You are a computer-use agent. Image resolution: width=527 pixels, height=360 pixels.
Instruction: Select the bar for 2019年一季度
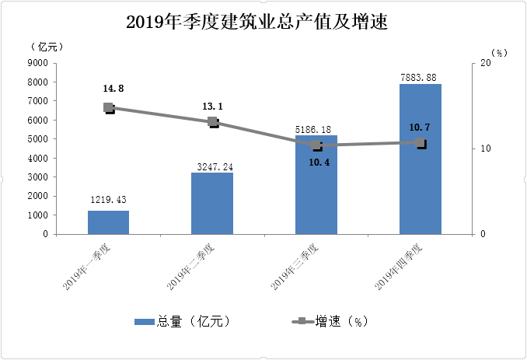coord(108,222)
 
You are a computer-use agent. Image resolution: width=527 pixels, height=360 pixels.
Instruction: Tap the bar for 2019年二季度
coord(212,204)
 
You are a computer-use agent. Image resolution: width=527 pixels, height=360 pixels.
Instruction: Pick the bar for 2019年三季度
coord(316,187)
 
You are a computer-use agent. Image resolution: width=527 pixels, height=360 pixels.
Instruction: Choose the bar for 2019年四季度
coord(421,159)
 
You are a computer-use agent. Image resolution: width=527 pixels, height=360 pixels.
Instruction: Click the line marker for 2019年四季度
coord(421,143)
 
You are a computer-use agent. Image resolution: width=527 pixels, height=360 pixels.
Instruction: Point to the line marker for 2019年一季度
coord(109,108)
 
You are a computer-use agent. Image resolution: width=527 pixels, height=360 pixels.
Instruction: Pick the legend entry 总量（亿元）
coord(182,321)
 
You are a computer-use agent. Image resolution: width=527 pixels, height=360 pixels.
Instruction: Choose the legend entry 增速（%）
coord(331,321)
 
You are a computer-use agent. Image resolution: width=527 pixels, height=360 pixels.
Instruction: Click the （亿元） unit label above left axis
coord(44,47)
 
